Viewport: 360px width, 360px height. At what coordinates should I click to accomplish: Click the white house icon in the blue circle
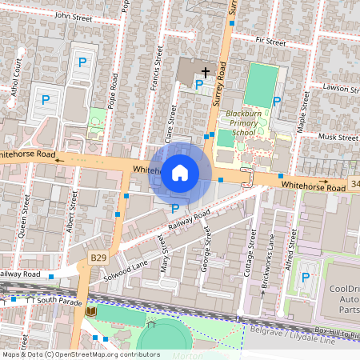point(180,172)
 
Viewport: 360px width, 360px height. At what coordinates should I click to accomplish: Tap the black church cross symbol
point(205,72)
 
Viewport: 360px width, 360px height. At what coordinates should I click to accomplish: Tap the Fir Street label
point(270,41)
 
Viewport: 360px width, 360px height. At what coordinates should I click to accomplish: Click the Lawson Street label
point(338,87)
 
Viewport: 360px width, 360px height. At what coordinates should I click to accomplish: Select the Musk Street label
point(338,137)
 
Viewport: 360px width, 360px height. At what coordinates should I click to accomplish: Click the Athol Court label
point(17,81)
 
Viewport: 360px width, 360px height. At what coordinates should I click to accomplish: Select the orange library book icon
point(92,310)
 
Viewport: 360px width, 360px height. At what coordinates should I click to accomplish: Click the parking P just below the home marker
point(175,209)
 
